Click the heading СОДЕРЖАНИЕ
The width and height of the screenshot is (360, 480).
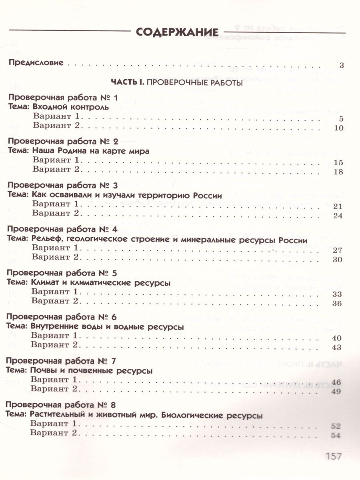pyautogui.click(x=176, y=32)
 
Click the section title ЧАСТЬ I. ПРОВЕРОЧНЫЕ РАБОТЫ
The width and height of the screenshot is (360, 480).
pyautogui.click(x=176, y=83)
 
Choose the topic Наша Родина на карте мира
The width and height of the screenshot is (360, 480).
pyautogui.click(x=90, y=152)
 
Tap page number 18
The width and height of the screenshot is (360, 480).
pyautogui.click(x=338, y=172)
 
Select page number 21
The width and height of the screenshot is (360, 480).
pyautogui.click(x=338, y=206)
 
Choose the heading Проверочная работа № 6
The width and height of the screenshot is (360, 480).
pyautogui.click(x=62, y=317)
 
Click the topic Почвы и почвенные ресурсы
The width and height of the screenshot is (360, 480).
pyautogui.click(x=92, y=371)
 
